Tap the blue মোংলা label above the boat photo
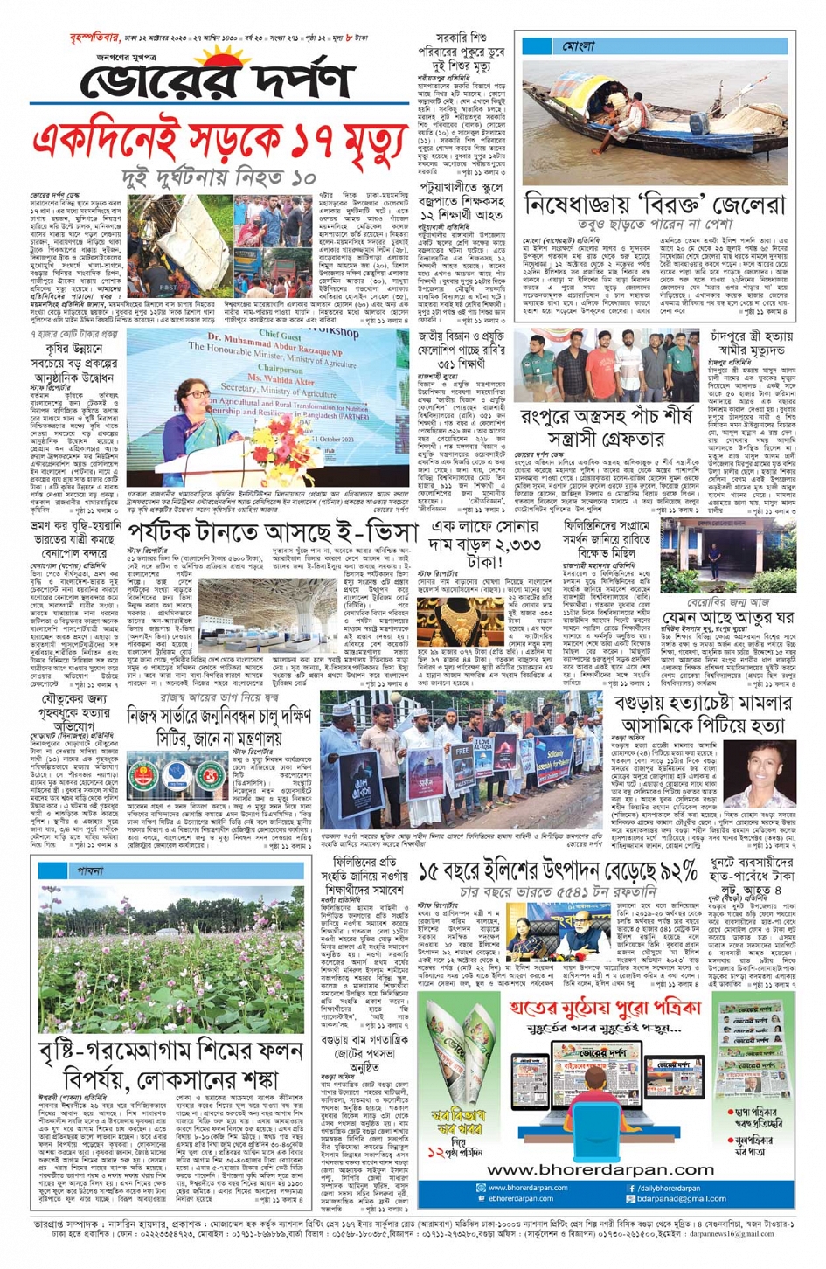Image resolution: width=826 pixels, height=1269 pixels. tap(578, 45)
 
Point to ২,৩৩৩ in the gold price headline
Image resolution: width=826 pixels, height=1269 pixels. tap(510, 544)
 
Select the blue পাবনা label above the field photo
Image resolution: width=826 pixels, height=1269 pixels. tap(89, 870)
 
